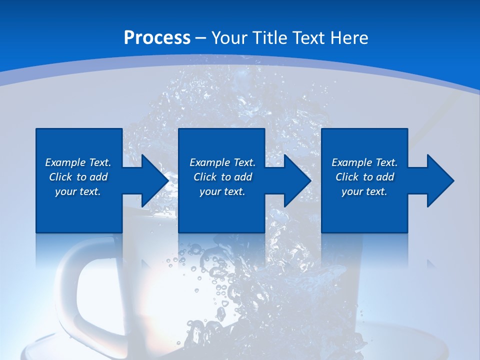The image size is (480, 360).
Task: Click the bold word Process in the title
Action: click(x=157, y=38)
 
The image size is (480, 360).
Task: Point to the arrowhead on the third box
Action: click(x=439, y=180)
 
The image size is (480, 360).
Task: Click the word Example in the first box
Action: click(x=65, y=162)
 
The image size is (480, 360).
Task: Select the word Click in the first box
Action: click(x=60, y=177)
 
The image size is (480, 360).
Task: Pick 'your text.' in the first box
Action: click(x=78, y=191)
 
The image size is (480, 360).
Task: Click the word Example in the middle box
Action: click(x=209, y=162)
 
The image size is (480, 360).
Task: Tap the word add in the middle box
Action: click(x=243, y=177)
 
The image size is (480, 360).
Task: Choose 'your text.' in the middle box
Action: click(x=222, y=191)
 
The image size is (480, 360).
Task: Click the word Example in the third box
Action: click(x=351, y=162)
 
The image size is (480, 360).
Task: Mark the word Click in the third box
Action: click(x=347, y=177)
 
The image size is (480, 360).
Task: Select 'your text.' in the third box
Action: click(x=364, y=191)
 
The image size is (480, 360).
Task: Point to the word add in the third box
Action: click(x=385, y=177)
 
